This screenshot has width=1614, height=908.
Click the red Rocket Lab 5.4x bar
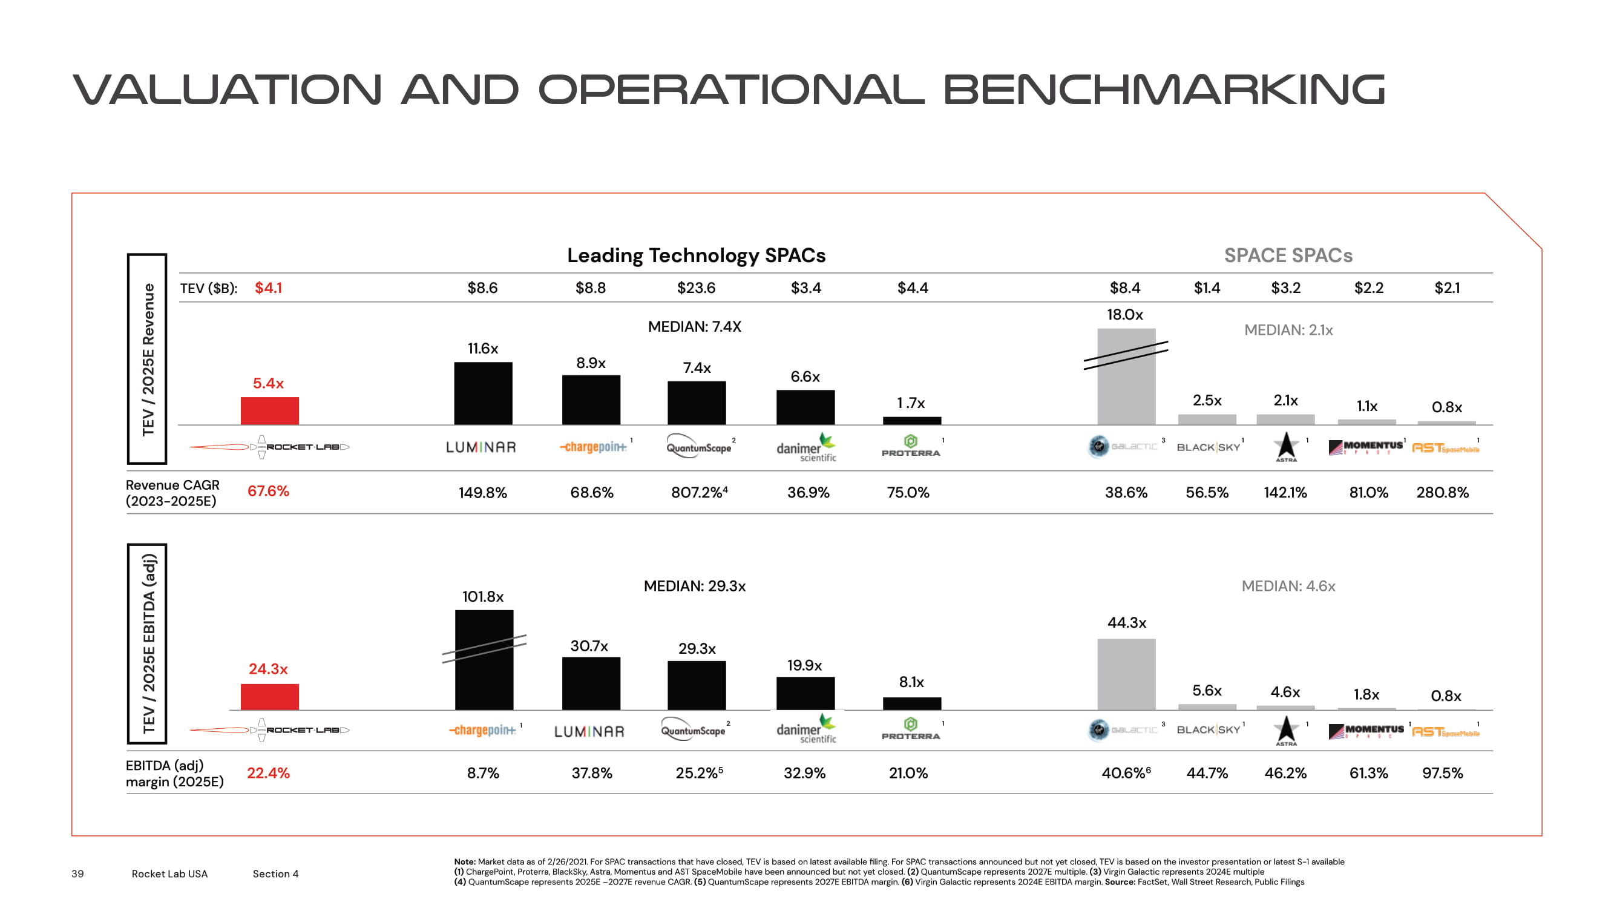(x=269, y=410)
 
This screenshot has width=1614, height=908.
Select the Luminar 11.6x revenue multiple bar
(x=482, y=393)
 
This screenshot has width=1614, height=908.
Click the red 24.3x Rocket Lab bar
(x=269, y=696)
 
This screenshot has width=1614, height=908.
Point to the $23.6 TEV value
(x=696, y=288)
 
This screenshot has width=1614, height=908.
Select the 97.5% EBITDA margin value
(x=1442, y=772)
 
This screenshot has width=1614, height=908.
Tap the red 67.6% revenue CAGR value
(x=268, y=492)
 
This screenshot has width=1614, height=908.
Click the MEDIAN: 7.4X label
(x=694, y=326)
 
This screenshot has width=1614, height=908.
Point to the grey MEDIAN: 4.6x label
(x=1288, y=586)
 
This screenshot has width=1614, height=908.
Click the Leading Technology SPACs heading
(x=696, y=255)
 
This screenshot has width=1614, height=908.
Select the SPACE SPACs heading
(x=1288, y=255)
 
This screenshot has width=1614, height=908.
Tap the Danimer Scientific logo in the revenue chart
(x=805, y=447)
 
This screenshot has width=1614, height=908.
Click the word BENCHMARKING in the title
(x=1164, y=90)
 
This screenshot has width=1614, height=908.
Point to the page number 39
(x=77, y=873)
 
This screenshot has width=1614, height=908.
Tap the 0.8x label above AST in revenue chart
(x=1446, y=407)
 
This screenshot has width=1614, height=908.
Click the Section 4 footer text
(x=276, y=873)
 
